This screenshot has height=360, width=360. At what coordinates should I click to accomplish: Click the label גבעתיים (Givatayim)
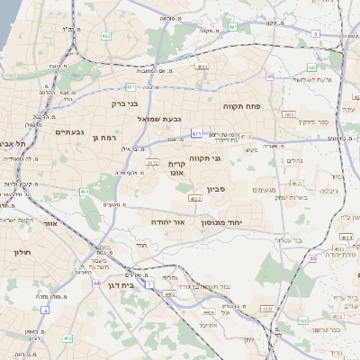click(68, 132)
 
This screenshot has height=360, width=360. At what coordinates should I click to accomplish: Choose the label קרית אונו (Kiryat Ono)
click(176, 169)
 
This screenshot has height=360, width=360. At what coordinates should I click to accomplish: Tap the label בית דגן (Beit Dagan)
click(144, 283)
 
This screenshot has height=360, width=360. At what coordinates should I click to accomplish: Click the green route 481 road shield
click(130, 87)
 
